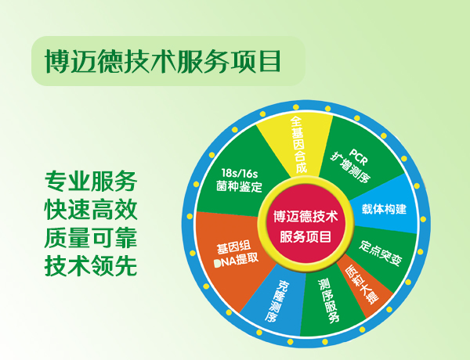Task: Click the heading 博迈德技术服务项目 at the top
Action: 163,61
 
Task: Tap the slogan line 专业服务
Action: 91,182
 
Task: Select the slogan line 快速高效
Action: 91,210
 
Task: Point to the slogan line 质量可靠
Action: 91,238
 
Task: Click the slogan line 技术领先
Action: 91,266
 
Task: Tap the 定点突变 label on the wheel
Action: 380,253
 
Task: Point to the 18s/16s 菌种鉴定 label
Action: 239,180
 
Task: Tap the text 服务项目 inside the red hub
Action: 305,236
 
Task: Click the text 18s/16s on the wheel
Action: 240,173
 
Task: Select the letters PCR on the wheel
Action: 358,157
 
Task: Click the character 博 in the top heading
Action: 57,61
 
